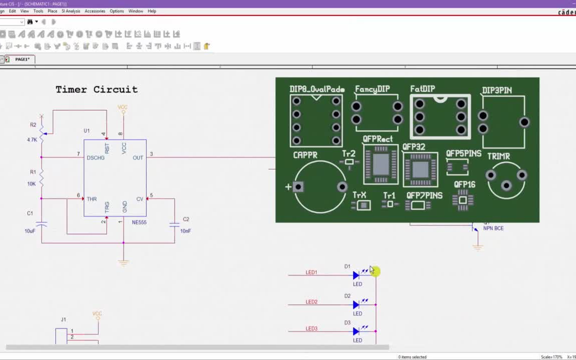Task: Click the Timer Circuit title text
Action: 96,89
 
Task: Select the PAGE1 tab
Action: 22,59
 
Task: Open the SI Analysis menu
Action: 70,11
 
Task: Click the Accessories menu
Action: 94,11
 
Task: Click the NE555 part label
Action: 139,222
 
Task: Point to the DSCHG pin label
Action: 95,158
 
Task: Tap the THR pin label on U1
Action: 91,199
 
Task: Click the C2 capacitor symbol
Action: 174,225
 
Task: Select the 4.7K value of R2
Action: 32,140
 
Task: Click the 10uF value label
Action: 30,231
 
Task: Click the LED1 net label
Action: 311,272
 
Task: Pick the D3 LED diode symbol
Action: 356,331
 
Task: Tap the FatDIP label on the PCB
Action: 422,89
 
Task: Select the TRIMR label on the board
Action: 498,156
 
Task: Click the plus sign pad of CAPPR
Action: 298,187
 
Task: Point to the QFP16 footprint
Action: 463,200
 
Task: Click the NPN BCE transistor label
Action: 493,228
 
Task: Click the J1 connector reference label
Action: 63,319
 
